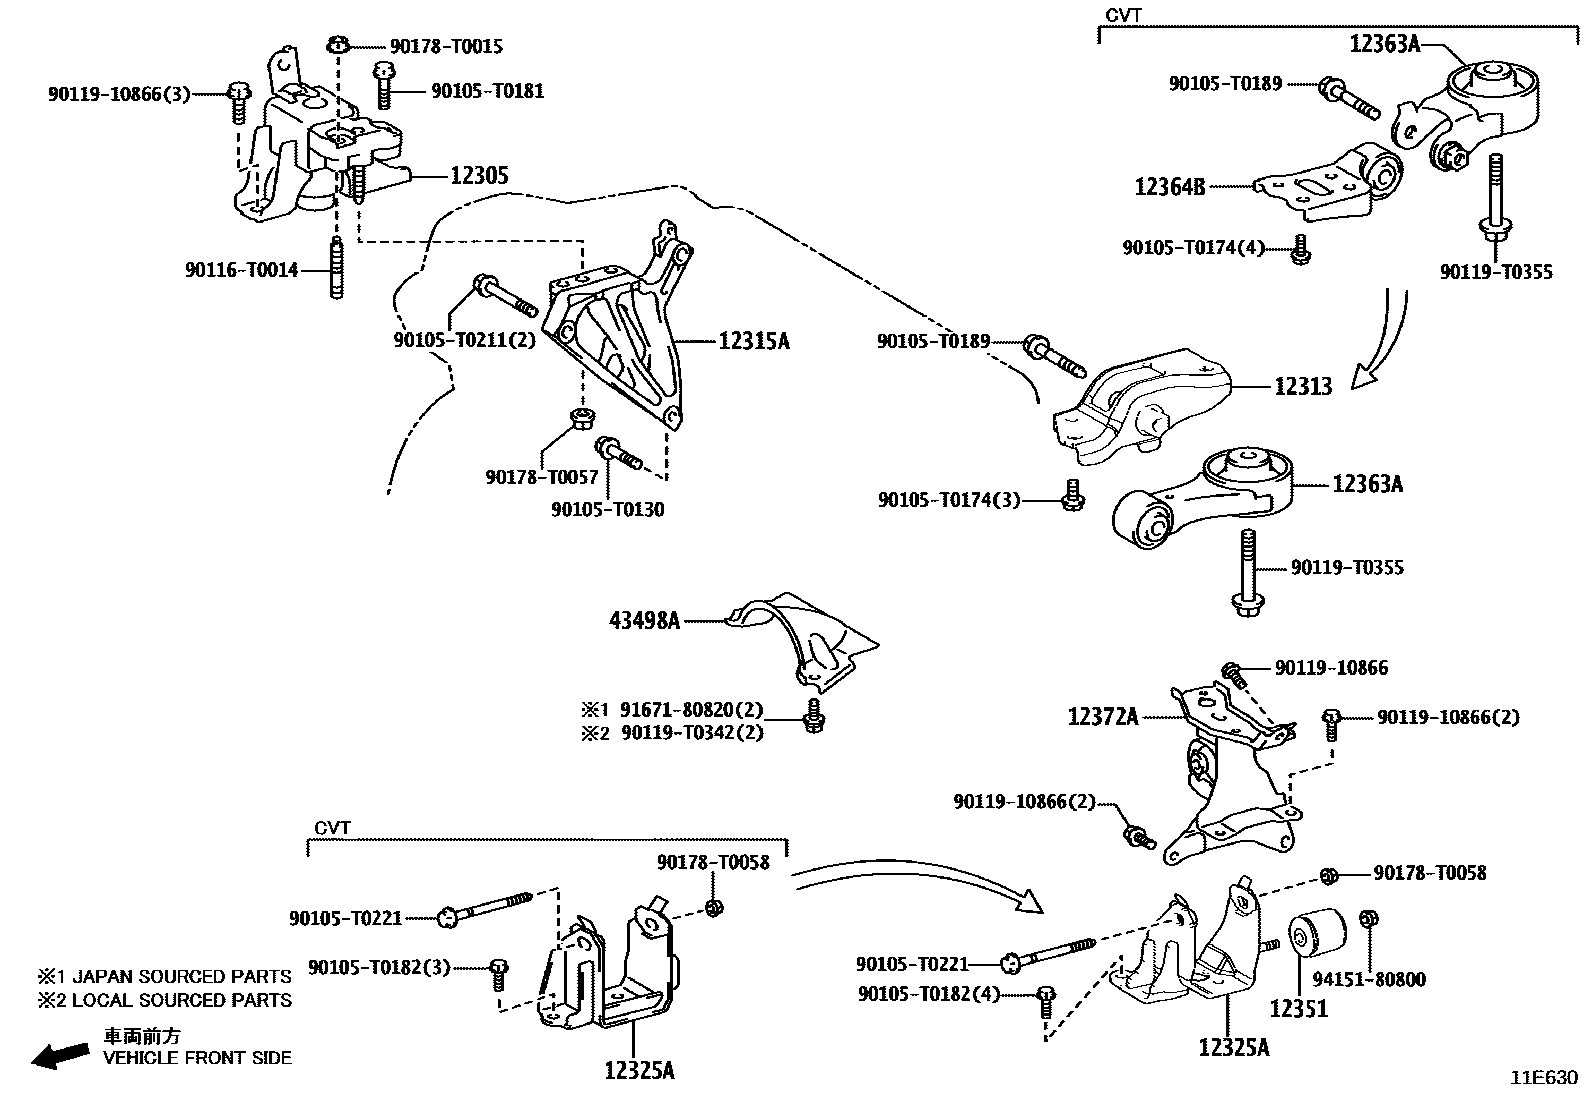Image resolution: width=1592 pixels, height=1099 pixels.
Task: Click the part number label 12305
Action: click(x=479, y=176)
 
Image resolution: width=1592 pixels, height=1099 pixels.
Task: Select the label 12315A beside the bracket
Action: click(x=753, y=341)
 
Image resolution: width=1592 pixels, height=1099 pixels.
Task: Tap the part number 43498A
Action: click(x=644, y=621)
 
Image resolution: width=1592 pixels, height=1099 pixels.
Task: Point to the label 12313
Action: click(x=1302, y=387)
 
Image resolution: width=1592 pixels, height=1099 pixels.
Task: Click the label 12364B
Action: click(x=1169, y=186)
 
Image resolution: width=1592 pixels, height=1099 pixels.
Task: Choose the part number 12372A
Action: click(x=1102, y=716)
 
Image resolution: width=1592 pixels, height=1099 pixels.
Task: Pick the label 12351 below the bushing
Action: click(x=1298, y=1008)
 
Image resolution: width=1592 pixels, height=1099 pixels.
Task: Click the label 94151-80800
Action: click(x=1369, y=980)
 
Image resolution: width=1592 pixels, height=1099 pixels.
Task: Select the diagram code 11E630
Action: click(x=1543, y=1078)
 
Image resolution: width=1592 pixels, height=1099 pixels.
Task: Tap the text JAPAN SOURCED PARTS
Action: click(x=182, y=977)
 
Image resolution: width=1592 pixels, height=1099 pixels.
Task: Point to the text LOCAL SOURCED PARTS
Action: click(x=182, y=1000)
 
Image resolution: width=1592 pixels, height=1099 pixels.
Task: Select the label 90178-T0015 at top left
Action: click(x=432, y=46)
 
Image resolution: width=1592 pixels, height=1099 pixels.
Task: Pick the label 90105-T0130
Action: click(x=607, y=509)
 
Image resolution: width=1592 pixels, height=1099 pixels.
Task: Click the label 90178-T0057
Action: click(x=541, y=478)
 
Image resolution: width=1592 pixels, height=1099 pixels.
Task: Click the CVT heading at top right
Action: click(x=1123, y=15)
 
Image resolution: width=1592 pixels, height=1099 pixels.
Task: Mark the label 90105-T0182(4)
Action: click(x=928, y=994)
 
